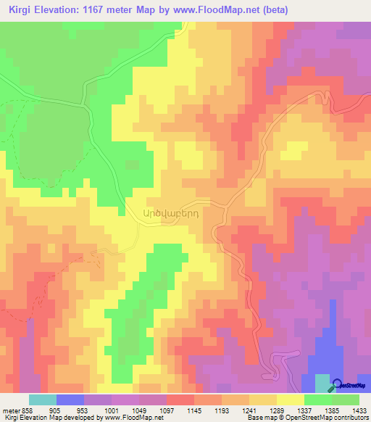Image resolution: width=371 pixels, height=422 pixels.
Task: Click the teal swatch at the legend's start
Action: pos(42,400)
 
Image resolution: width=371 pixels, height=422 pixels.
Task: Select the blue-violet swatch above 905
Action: pos(70,400)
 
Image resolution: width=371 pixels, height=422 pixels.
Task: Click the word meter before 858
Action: pos(10,410)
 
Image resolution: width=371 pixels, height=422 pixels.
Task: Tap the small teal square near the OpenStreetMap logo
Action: pos(322,384)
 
